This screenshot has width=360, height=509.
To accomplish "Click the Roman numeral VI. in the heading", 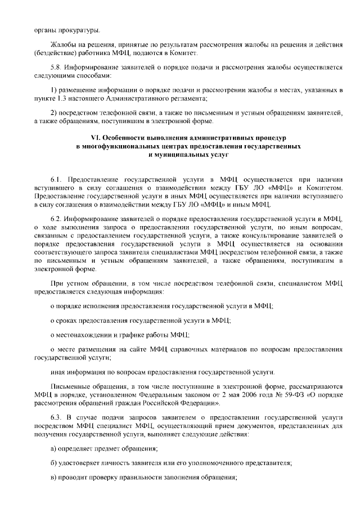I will (x=96, y=138).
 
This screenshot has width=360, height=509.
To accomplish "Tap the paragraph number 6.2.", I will (x=57, y=217).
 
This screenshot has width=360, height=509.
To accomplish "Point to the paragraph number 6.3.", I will (x=57, y=416).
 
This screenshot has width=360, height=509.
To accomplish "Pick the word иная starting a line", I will (x=57, y=372).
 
